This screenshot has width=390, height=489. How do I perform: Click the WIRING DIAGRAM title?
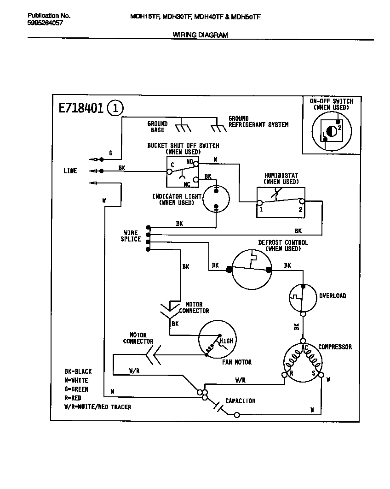pyautogui.click(x=200, y=35)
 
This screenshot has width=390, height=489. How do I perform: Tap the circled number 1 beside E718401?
pyautogui.click(x=115, y=108)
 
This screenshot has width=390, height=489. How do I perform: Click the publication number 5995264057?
pyautogui.click(x=45, y=23)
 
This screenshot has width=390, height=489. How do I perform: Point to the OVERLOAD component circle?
pyautogui.click(x=303, y=295)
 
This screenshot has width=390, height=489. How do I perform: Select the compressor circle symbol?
pyautogui.click(x=303, y=362)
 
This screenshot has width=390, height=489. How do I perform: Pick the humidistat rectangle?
pyautogui.click(x=281, y=202)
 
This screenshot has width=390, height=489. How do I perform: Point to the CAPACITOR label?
pyautogui.click(x=240, y=401)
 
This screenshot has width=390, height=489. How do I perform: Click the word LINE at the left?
pyautogui.click(x=70, y=171)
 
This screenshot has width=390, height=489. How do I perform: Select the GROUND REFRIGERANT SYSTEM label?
pyautogui.click(x=258, y=122)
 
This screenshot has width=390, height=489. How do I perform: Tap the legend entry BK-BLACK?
pyautogui.click(x=78, y=371)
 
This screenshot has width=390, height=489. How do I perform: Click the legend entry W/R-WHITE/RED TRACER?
pyautogui.click(x=97, y=407)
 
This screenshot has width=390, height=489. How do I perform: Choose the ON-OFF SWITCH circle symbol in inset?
pyautogui.click(x=331, y=131)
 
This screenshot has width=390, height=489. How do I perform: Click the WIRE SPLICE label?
pyautogui.click(x=131, y=236)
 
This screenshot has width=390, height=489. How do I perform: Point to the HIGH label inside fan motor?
pyautogui.click(x=226, y=341)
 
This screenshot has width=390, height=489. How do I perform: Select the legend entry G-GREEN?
pyautogui.click(x=76, y=389)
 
